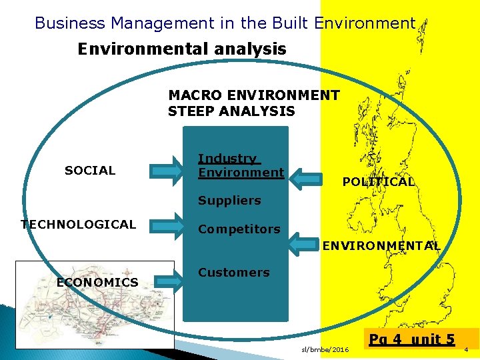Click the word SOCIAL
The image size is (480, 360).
[x=90, y=171]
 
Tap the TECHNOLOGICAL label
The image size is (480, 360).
[x=78, y=225]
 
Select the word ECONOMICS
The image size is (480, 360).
[x=97, y=283]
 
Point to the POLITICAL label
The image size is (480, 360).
[x=378, y=182]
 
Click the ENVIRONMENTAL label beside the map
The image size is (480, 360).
[x=381, y=246]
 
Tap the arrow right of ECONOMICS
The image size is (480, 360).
[x=169, y=281]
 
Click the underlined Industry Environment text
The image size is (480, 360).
[x=241, y=165]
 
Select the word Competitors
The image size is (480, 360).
[x=239, y=229]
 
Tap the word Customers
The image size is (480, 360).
[x=233, y=273]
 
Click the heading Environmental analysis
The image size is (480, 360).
[x=182, y=49]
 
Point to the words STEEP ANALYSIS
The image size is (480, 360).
[x=231, y=111]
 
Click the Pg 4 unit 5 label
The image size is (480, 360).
[x=413, y=339]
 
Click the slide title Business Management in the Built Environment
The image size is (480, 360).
[x=225, y=23]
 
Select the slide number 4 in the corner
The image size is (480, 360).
[x=466, y=350]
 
